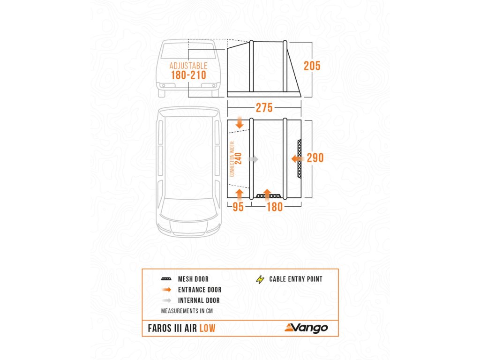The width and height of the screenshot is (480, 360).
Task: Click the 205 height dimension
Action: pos(312,66)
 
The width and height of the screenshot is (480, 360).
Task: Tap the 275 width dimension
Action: pos(264,108)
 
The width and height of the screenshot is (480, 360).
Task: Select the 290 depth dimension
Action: pos(315,158)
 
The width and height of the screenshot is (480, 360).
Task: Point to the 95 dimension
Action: pos(238,207)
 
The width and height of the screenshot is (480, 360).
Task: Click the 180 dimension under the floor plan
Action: pos(274,207)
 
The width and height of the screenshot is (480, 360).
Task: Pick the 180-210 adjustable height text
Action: pos(188,75)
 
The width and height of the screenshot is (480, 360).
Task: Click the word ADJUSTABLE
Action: pos(188,66)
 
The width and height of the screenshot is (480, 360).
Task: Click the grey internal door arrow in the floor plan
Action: pos(253,159)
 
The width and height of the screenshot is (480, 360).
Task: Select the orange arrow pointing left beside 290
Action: pos(297,159)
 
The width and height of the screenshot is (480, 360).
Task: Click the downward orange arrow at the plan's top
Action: pos(240,123)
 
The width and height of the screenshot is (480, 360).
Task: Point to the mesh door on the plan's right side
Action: pos(300,158)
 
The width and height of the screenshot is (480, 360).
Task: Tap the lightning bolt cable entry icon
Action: pos(260,279)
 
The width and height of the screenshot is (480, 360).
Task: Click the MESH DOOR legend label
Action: pos(194,279)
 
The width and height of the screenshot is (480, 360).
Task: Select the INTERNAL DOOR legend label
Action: pos(199,300)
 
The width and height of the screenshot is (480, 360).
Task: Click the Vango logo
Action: pos(306,328)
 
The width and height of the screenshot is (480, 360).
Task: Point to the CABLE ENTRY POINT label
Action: pos(296,279)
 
